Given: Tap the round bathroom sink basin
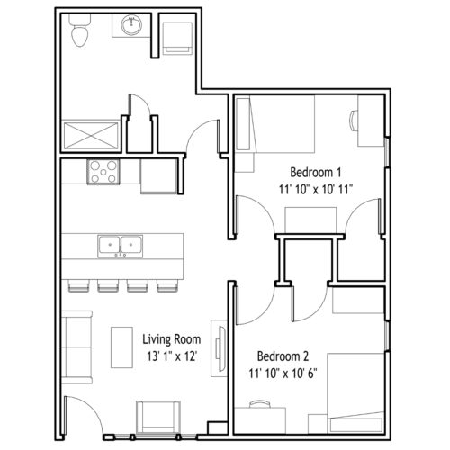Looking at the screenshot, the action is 131,25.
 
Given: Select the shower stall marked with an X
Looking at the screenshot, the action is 91,136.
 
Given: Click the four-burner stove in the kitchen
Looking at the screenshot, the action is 103,172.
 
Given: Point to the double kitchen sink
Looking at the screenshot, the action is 120,247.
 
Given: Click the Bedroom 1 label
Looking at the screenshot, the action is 316,173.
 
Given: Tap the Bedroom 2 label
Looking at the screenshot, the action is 283,356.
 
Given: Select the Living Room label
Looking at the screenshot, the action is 172,339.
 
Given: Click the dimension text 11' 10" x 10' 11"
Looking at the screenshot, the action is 316,190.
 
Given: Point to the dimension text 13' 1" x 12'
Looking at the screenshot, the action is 172,356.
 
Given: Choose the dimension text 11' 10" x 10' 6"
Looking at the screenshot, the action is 283,373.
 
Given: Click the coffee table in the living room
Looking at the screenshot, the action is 121,347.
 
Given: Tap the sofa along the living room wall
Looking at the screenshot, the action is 76,347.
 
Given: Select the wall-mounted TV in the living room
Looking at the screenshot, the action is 221,348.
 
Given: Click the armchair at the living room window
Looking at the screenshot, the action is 158,417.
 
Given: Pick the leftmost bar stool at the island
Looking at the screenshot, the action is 78,285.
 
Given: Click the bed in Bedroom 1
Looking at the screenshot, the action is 274,124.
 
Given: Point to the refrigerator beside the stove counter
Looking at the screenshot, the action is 158,176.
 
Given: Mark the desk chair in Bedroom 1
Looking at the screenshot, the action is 354,121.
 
